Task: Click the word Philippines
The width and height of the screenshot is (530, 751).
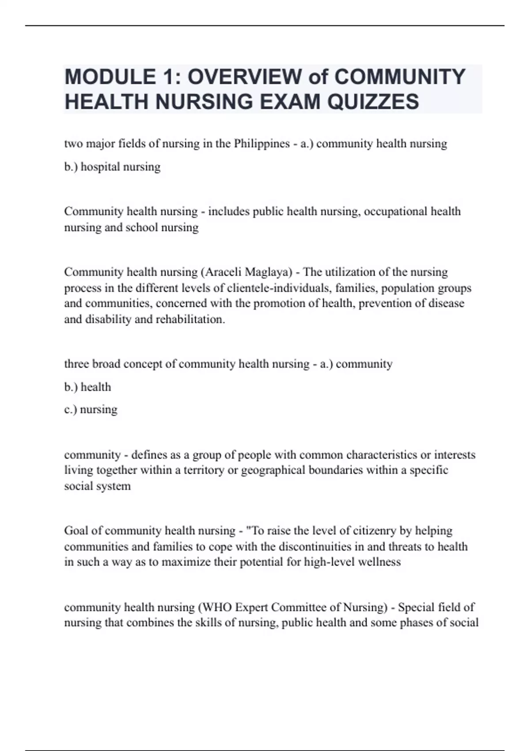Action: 261,144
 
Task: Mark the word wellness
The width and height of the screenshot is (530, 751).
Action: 379,562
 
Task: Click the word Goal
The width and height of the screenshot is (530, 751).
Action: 77,530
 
